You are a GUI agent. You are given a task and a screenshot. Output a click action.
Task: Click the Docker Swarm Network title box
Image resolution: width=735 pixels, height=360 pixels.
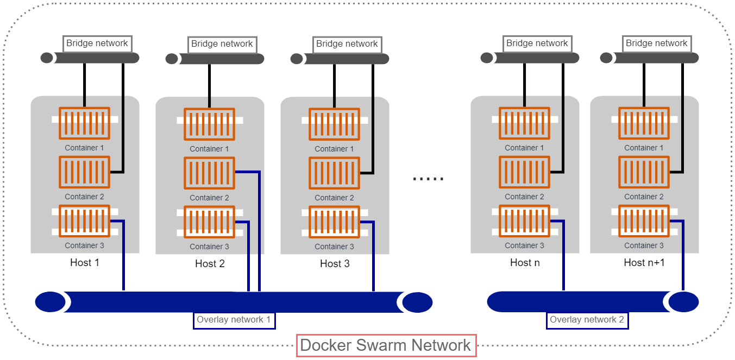[386, 345]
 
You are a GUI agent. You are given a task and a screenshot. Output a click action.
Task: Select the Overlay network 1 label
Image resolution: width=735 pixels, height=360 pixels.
[234, 320]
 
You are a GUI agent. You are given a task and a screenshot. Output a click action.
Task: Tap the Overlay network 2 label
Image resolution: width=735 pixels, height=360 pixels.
[587, 320]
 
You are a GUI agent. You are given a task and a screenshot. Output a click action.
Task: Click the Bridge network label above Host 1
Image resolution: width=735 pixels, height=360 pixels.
[97, 43]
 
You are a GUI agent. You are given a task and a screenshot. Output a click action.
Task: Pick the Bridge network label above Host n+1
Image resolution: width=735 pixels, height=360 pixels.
[656, 43]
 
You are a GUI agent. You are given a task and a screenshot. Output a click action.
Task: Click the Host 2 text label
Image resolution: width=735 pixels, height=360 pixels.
[210, 264]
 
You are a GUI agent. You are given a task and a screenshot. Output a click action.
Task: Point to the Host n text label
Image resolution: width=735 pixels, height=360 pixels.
[525, 263]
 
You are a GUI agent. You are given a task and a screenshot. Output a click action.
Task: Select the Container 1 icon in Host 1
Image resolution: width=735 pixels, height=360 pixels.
[84, 123]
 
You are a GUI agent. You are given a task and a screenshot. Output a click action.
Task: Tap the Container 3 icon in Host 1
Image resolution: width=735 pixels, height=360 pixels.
[84, 221]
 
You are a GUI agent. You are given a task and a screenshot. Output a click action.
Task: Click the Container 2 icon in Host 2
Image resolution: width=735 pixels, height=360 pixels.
[209, 173]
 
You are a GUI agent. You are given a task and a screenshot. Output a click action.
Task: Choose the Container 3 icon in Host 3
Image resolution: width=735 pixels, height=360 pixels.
[334, 222]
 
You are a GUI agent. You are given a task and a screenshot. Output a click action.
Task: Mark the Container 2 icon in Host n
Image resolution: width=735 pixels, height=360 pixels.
[524, 172]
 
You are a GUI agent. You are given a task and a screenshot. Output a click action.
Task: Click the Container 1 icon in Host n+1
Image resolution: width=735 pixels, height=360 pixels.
[644, 123]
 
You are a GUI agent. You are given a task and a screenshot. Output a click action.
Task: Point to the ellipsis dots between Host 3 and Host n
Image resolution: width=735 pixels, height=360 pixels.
[428, 178]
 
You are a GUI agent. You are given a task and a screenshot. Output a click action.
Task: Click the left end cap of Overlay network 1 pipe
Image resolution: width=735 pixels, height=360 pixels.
[50, 302]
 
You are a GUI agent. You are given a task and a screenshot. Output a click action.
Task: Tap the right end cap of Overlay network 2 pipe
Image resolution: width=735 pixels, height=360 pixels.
[683, 302]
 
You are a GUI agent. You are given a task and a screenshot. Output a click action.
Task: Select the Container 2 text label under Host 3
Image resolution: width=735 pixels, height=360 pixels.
[334, 198]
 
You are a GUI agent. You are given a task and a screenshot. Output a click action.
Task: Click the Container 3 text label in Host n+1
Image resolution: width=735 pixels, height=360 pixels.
[644, 245]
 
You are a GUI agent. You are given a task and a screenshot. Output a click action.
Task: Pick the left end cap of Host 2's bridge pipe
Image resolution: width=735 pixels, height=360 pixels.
[172, 59]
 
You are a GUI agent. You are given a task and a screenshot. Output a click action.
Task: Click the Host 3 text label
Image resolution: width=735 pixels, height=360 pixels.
[335, 264]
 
